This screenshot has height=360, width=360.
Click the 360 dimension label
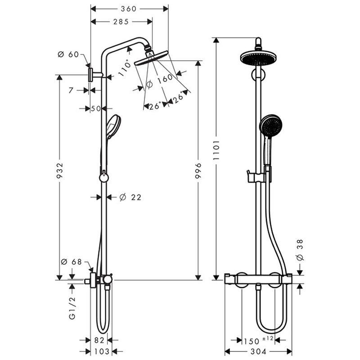[129, 9]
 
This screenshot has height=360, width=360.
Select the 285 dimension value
[121, 22]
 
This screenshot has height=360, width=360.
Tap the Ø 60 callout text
[68, 54]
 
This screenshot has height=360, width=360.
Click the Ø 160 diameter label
[159, 81]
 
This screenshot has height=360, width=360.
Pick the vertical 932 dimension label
[60, 171]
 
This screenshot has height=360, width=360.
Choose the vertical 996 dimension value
[198, 171]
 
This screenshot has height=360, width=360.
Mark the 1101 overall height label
[216, 150]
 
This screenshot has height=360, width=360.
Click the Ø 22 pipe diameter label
[130, 197]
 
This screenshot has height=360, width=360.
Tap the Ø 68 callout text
[72, 262]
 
